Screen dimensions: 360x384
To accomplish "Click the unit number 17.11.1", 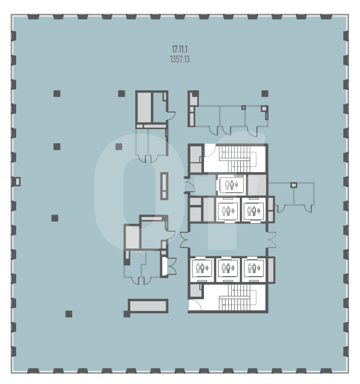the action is [x=180, y=49].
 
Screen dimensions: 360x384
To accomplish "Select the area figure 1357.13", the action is [x=180, y=59].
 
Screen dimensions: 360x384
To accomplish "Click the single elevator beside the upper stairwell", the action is [x=231, y=185].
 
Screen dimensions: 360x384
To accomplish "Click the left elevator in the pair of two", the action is [x=228, y=210].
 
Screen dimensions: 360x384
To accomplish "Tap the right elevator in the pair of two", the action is [x=254, y=210].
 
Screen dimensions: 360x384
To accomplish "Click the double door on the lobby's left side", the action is [x=184, y=240].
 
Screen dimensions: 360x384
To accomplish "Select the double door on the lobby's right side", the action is [x=272, y=240].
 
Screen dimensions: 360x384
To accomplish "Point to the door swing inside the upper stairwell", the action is [x=210, y=151].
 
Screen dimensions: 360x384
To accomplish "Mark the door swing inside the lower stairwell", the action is [x=195, y=305].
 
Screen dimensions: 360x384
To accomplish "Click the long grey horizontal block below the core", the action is [x=148, y=306].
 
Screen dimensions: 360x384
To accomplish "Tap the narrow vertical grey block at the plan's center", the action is [x=165, y=186].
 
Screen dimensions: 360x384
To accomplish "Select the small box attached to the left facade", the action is [x=17, y=182].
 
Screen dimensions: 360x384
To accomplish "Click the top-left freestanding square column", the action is [x=57, y=93].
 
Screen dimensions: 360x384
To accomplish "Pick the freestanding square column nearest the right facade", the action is [x=265, y=93].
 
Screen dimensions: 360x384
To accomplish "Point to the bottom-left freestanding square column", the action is [x=69, y=314].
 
